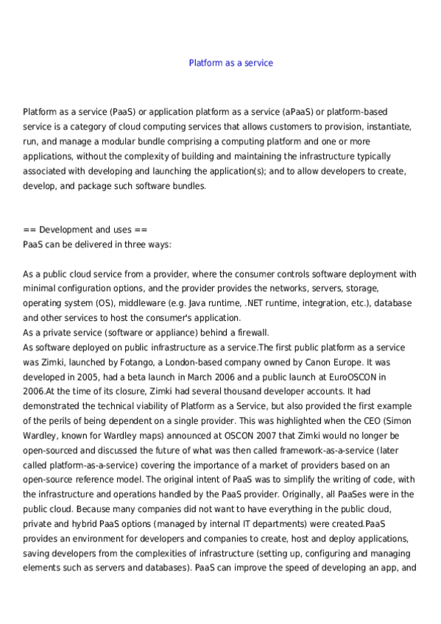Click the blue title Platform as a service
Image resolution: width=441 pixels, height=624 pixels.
tap(230, 63)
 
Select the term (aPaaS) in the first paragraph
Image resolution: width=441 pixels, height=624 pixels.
tap(297, 112)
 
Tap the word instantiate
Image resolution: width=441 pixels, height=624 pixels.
tap(386, 127)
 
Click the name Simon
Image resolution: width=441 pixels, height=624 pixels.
tap(396, 421)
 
